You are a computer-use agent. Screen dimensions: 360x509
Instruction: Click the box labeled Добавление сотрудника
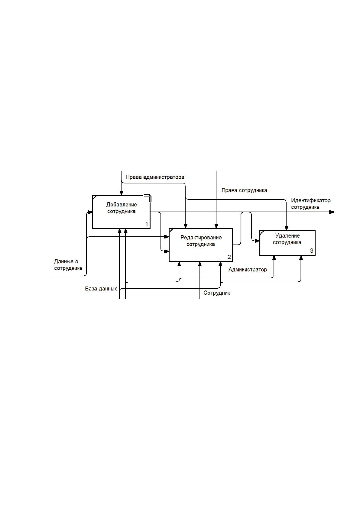(121, 212)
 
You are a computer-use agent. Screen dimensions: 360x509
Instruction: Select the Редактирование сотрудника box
(201, 245)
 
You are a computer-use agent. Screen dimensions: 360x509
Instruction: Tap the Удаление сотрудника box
(287, 243)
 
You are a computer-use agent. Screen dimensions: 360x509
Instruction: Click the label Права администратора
(155, 177)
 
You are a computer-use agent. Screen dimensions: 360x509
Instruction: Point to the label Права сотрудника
(244, 190)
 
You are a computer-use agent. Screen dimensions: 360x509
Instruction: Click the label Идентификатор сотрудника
(311, 204)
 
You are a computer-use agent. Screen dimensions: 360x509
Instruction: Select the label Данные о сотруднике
(68, 265)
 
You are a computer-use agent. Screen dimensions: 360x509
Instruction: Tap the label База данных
(101, 289)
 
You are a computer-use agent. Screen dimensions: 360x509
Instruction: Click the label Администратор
(248, 270)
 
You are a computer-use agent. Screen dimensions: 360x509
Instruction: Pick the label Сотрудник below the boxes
(217, 293)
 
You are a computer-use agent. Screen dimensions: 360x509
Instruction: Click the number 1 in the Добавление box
(147, 224)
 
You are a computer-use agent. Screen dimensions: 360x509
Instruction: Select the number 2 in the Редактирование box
(229, 257)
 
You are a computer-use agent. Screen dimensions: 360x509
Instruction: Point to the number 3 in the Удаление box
(312, 251)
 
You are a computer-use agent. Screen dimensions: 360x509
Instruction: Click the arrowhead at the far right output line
(332, 212)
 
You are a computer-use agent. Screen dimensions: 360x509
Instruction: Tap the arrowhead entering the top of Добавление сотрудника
(122, 193)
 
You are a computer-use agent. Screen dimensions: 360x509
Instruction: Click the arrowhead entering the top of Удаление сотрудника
(287, 228)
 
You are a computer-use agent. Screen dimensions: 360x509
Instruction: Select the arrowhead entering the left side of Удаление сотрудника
(257, 241)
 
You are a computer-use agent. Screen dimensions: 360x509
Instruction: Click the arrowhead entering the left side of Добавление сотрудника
(90, 212)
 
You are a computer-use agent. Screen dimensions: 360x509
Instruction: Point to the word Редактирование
(201, 238)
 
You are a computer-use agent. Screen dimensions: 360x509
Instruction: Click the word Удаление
(287, 236)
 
